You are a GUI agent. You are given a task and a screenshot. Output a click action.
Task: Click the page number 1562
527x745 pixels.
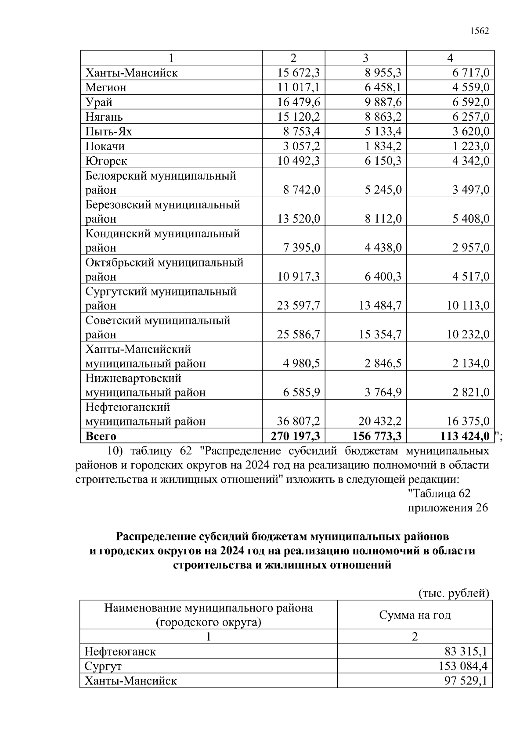tap(479, 31)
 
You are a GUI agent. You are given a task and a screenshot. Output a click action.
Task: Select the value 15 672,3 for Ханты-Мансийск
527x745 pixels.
tap(299, 73)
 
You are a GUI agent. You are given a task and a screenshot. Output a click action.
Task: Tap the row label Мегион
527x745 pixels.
tap(106, 87)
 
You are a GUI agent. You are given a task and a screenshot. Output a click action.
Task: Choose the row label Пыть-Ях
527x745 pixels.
tap(108, 132)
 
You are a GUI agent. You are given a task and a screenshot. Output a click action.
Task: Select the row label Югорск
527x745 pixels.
tap(106, 161)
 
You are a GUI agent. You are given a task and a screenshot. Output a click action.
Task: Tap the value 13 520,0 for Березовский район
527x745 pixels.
tap(299, 219)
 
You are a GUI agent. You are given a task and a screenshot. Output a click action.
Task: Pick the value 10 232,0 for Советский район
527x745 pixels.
tap(468, 335)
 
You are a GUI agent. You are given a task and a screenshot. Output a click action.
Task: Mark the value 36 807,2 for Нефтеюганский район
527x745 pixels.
tap(299, 421)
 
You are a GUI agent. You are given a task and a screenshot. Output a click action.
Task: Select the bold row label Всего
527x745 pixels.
tap(101, 436)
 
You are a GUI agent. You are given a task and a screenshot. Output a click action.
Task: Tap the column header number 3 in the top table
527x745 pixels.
tap(365, 58)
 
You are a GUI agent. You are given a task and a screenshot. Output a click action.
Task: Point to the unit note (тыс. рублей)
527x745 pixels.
tap(453, 594)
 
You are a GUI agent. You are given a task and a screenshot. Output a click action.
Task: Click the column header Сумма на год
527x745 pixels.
tap(415, 615)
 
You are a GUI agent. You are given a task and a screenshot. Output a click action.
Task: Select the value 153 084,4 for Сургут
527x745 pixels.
tap(463, 666)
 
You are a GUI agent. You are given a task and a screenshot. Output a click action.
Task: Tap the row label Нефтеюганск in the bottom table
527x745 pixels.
tap(120, 651)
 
